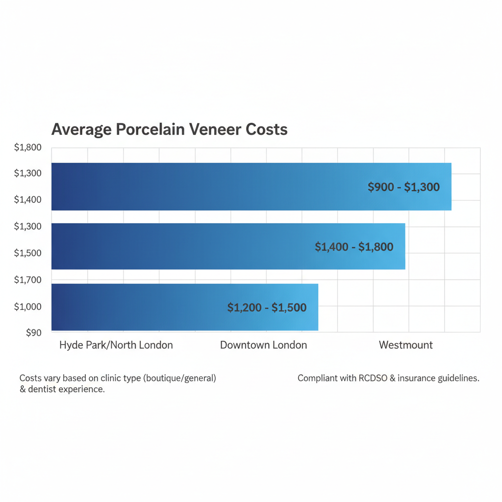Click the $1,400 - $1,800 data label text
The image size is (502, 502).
[x=353, y=247]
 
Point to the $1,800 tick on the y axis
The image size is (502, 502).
[x=28, y=147]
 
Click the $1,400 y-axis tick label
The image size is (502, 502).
[x=28, y=200]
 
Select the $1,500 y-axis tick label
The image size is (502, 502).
[x=28, y=253]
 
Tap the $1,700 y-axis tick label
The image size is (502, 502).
[x=28, y=280]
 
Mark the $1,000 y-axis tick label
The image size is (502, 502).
[x=28, y=306]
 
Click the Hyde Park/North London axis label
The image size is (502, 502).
[x=116, y=345]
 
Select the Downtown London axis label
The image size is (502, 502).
[x=263, y=345]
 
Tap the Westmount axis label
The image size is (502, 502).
[x=405, y=345]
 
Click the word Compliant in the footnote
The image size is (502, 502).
[x=317, y=378]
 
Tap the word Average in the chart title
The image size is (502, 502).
[x=81, y=129]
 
